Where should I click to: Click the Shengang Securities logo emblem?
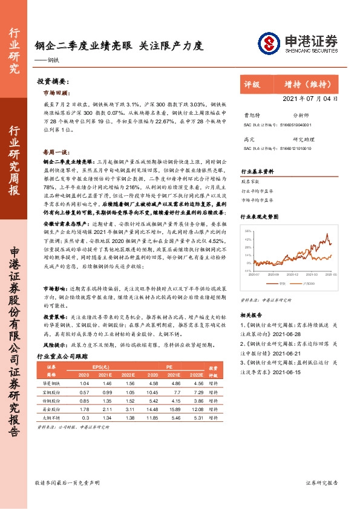(x=268, y=42)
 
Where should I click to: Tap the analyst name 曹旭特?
(x=250, y=114)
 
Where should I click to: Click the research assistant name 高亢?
(x=248, y=138)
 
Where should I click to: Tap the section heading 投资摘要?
(x=53, y=81)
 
